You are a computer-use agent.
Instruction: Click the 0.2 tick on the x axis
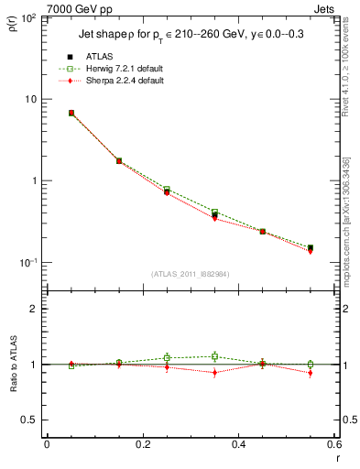pyautogui.click(x=142, y=444)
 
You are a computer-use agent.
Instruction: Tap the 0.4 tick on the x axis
pyautogui.click(x=237, y=444)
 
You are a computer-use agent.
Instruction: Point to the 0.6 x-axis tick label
pyautogui.click(x=333, y=444)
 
